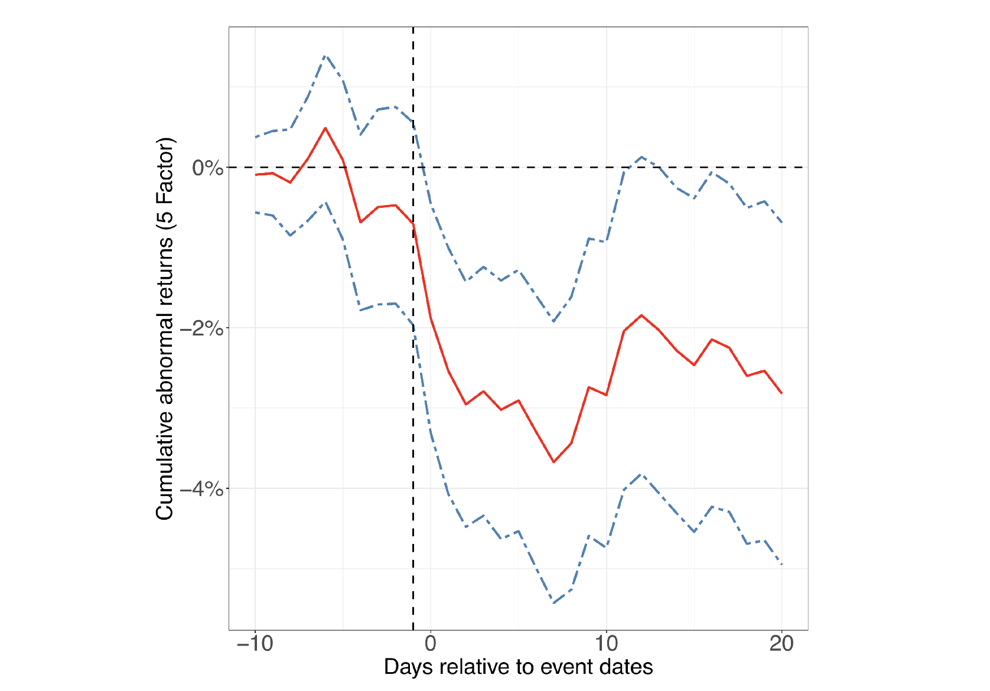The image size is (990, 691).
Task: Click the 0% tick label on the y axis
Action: point(207,168)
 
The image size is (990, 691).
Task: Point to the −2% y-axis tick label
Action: point(201,328)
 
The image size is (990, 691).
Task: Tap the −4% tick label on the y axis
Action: point(201,489)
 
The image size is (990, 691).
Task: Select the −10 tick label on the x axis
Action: point(255,644)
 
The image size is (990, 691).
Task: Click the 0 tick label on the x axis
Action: point(431,644)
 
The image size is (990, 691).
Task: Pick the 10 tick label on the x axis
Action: point(606,644)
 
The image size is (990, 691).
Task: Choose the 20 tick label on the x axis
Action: point(781,644)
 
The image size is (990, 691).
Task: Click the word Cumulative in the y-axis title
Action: point(164,466)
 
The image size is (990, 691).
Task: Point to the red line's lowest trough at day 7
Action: point(553,462)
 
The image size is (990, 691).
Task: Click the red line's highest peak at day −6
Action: point(325,128)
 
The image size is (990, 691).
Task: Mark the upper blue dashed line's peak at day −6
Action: point(325,56)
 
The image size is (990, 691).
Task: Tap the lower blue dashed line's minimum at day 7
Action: point(553,602)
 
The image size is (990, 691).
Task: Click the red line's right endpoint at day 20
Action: point(782,393)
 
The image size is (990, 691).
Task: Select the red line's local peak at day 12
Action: point(641,315)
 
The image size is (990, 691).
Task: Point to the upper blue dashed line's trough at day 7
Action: point(553,321)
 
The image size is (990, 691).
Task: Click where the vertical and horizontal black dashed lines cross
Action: point(413,168)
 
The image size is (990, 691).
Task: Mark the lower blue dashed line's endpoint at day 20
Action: point(782,564)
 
